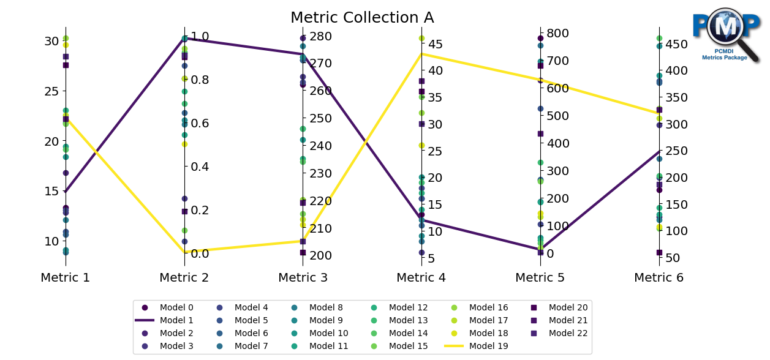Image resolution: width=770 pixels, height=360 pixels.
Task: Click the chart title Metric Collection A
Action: coord(362,18)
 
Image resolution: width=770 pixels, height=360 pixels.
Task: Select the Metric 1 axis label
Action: coord(66,278)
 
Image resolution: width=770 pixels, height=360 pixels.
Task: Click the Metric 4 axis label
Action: coord(421,278)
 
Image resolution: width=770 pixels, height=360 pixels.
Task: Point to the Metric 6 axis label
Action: coord(659,278)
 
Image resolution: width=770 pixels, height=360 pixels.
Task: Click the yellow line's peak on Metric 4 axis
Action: coord(421,53)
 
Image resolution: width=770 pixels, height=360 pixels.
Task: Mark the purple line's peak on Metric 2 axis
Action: coord(184,38)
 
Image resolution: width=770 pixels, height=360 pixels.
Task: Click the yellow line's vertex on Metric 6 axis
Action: coord(659,113)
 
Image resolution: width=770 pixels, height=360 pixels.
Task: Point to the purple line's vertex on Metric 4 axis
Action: coord(421,220)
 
